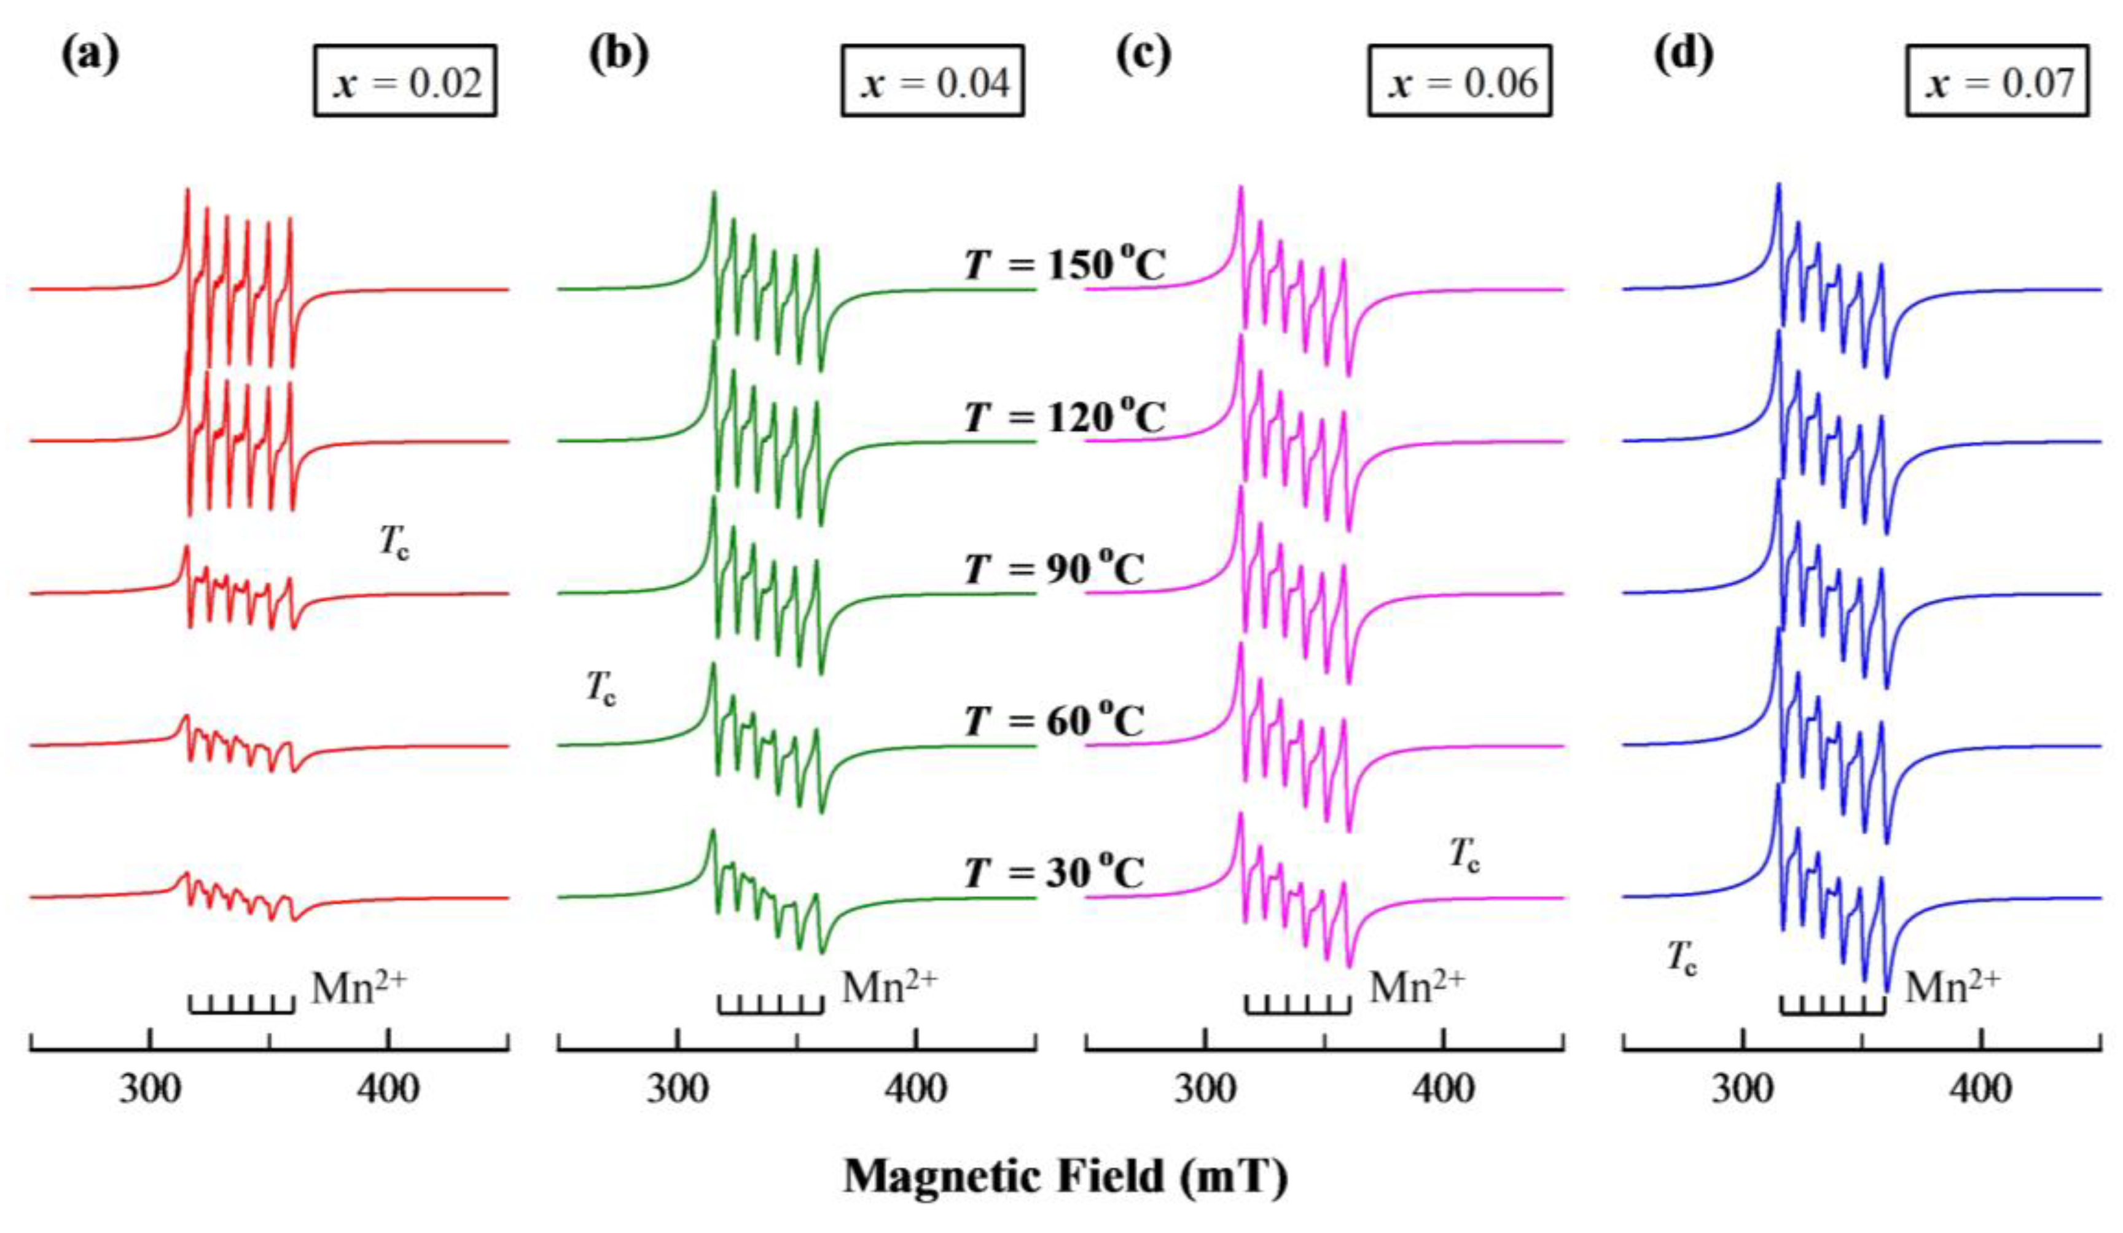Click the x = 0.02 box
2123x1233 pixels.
(405, 81)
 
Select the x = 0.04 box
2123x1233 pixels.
(932, 81)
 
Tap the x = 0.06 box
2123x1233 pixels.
(1459, 81)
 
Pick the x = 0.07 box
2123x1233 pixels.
(1998, 81)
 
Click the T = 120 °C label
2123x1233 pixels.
(1065, 416)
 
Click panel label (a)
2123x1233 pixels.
(90, 55)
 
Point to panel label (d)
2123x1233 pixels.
(1683, 55)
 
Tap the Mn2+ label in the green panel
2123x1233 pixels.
(889, 986)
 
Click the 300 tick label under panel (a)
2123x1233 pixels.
(150, 1090)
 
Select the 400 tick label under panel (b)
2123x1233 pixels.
(916, 1090)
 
